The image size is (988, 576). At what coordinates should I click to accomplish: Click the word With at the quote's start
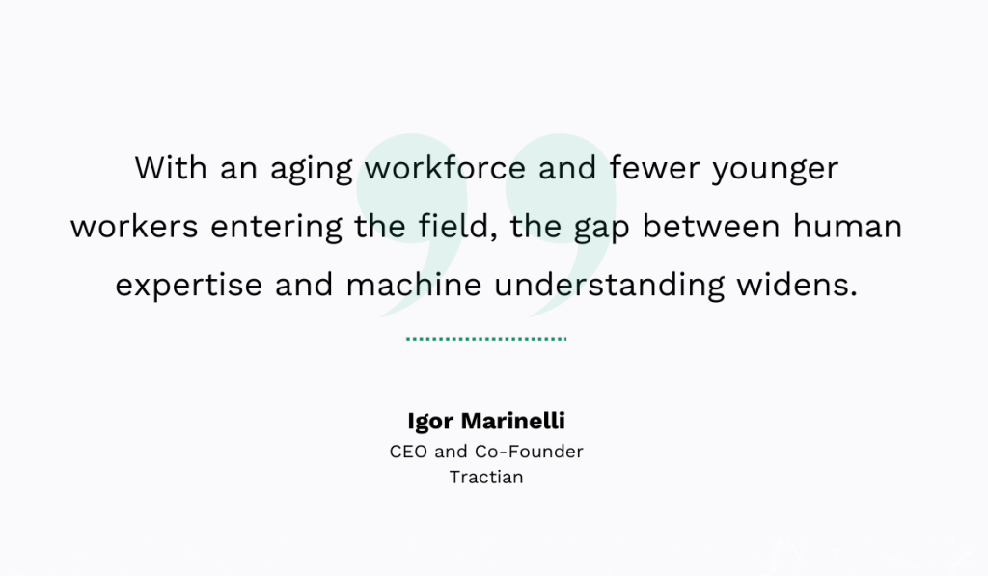[170, 168]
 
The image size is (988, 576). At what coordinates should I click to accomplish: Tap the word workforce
[445, 168]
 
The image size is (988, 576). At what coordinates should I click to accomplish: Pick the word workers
[134, 227]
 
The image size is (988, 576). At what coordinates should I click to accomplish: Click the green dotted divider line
[486, 339]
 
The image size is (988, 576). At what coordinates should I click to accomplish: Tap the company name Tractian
[486, 477]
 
